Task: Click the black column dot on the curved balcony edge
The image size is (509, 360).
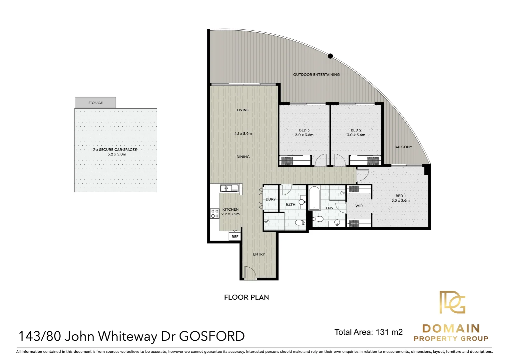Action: click(x=330, y=56)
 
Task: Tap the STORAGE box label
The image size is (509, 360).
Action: click(x=96, y=103)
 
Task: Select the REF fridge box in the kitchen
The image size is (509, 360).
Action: click(x=235, y=237)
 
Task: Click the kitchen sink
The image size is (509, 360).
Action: click(x=230, y=188)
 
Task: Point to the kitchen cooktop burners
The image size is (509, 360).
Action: click(x=215, y=213)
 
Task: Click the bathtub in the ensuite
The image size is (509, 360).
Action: click(x=314, y=198)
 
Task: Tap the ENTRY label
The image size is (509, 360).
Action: click(x=259, y=254)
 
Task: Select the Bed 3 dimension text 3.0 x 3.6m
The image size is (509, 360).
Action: click(x=304, y=135)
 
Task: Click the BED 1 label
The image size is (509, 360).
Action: click(x=400, y=196)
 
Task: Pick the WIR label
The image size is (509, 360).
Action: click(x=359, y=206)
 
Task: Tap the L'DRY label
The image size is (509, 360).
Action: click(x=270, y=199)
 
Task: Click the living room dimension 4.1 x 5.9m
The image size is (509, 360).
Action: click(x=243, y=134)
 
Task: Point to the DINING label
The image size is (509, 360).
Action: click(x=243, y=157)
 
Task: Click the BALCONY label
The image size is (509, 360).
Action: click(x=403, y=147)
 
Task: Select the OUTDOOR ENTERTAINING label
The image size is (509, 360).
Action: click(x=316, y=75)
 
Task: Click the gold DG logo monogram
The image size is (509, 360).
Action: click(x=452, y=302)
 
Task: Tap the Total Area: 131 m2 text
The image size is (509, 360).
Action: click(x=368, y=332)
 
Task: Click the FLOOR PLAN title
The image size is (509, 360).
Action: click(x=247, y=297)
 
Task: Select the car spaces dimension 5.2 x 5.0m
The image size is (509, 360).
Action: click(x=117, y=154)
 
